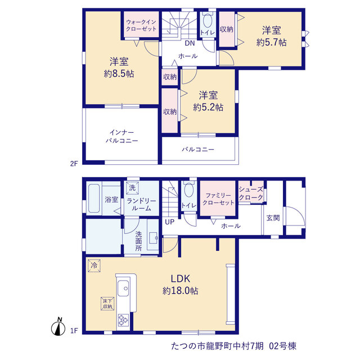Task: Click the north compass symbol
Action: pos(57,327)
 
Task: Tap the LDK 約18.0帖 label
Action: pos(180,285)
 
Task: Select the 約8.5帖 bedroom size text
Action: pos(119,74)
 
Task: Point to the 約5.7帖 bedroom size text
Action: pos(271,43)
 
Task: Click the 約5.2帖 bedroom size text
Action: pos(208,107)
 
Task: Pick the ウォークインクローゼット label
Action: pos(141,25)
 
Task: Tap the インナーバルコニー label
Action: pos(121,136)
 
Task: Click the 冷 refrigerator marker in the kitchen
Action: pos(94,265)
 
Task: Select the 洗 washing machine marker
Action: pos(132,188)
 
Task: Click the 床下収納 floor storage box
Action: pos(107,304)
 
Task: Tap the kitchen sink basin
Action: pos(123,289)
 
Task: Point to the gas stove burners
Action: pos(123,320)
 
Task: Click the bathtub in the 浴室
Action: pos(94,199)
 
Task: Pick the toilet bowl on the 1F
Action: pos(189,190)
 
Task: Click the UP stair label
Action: pos(170,222)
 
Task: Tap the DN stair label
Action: pos(190,43)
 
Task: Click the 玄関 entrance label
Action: pos(273,218)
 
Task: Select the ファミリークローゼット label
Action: pos(218,199)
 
